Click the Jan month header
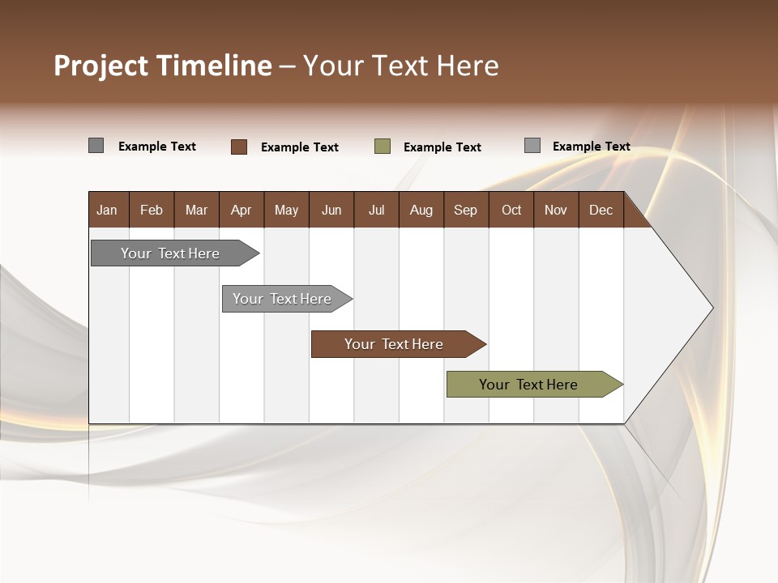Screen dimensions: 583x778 108,210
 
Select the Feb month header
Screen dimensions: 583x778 152,210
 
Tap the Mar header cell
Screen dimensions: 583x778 196,210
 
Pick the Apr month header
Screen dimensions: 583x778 242,210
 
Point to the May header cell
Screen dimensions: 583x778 286,210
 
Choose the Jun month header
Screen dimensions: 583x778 331,210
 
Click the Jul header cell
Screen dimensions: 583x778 376,210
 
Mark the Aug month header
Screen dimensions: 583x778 421,210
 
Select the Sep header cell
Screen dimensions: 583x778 466,210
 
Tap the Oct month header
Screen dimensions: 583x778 511,210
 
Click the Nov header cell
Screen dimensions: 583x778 556,210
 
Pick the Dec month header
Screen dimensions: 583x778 601,210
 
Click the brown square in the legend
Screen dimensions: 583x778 239,147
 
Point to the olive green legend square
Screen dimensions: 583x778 383,147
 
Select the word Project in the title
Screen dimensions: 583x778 101,66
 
